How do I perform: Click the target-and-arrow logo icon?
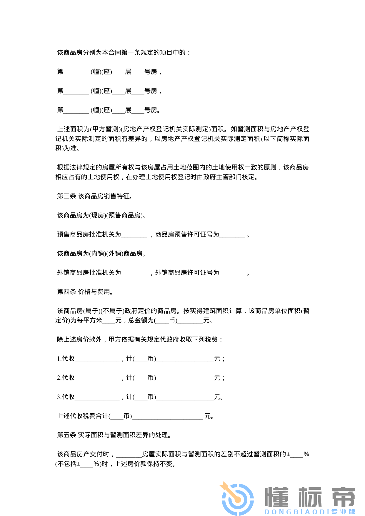pos(237,499)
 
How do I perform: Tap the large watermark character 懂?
pos(277,497)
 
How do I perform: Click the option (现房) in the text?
pos(97,216)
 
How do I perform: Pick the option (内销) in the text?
pos(97,254)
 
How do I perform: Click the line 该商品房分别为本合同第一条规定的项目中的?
pos(124,53)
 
